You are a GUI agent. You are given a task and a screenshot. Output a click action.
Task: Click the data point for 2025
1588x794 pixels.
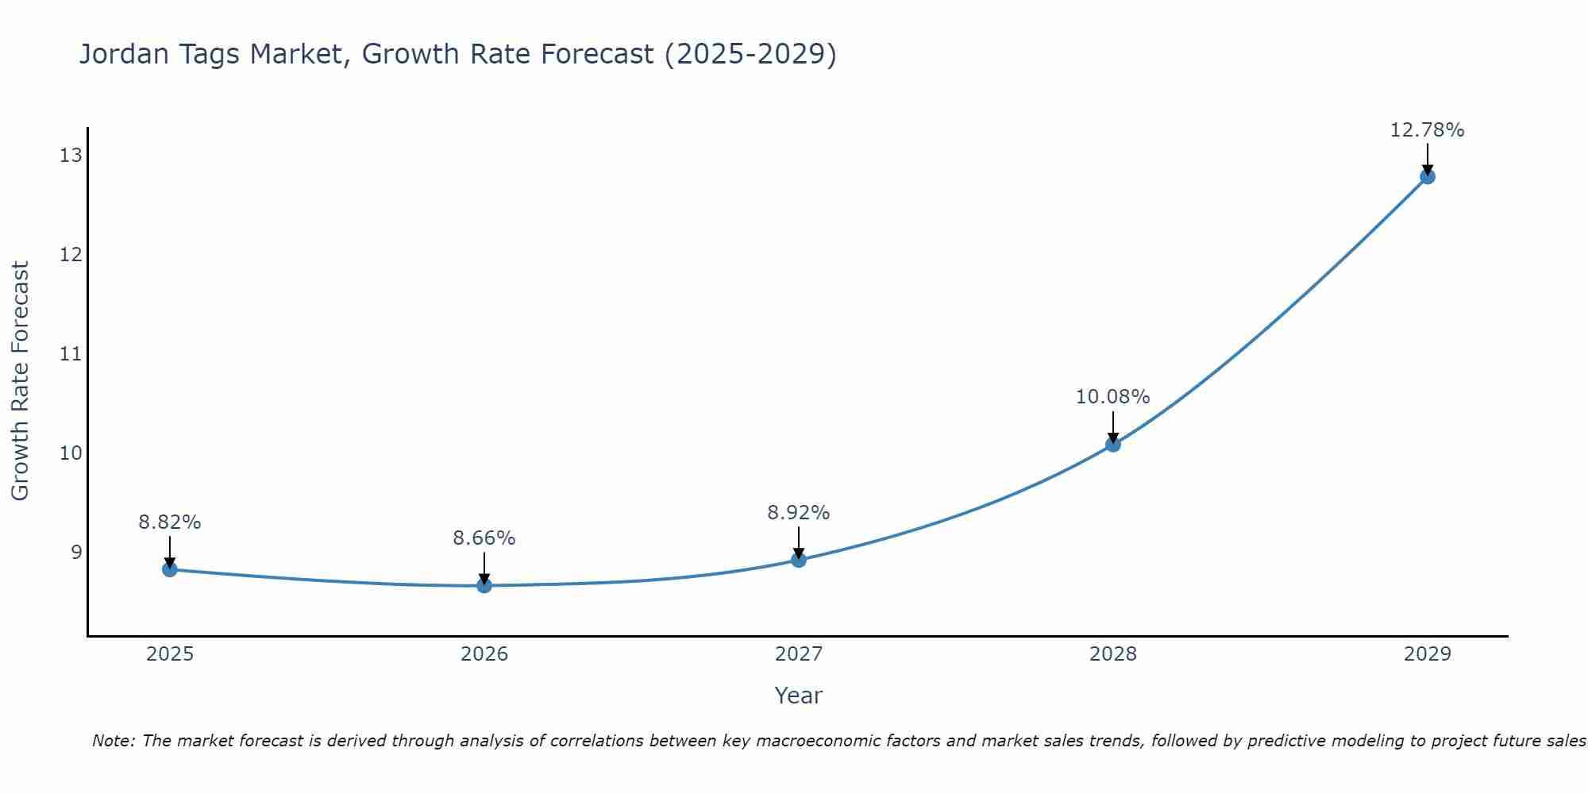coord(169,569)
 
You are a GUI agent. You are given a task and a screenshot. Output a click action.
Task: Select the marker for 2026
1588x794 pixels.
coord(484,585)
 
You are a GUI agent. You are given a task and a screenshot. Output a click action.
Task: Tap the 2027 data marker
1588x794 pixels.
coord(799,560)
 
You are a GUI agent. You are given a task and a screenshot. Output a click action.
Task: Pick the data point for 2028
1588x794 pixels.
coord(1113,444)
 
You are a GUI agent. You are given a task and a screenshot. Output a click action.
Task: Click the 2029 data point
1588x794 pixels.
coord(1427,176)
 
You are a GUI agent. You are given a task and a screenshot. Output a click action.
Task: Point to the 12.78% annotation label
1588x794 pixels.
coord(1427,130)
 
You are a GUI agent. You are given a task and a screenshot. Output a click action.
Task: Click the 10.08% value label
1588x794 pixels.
coord(1112,397)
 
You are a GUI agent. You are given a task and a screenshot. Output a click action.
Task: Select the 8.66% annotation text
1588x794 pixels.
coord(484,538)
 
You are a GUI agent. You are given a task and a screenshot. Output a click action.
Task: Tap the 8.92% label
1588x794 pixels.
coord(798,513)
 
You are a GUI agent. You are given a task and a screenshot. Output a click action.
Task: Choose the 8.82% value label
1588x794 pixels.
coord(170,522)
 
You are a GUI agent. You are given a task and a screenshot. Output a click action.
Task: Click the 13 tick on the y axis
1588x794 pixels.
coord(71,156)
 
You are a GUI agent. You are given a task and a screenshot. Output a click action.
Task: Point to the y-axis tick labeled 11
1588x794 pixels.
coord(71,354)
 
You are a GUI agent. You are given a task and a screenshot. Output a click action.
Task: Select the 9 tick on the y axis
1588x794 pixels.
coord(75,552)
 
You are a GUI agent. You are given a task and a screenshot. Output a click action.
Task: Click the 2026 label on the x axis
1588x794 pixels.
coord(484,654)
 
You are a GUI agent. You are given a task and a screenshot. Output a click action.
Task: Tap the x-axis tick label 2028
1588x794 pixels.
coord(1113,654)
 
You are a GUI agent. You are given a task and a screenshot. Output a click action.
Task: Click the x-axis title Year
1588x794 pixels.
coord(798,696)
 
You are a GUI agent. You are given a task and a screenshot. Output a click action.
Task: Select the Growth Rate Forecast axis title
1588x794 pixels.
coord(21,381)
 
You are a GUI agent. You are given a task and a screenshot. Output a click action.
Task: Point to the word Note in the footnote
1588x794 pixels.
coord(114,741)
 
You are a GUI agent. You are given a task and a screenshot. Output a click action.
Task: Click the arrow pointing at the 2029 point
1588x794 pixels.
coord(1427,160)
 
